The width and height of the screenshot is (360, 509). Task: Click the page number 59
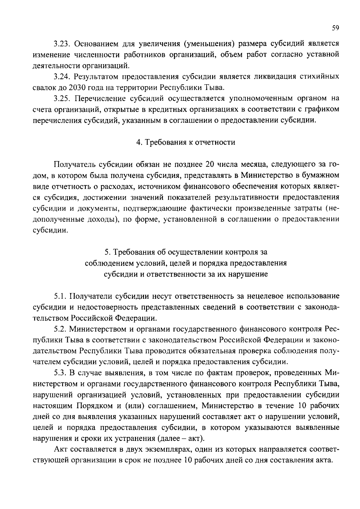click(335, 28)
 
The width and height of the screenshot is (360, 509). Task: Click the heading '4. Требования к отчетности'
click(186, 142)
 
